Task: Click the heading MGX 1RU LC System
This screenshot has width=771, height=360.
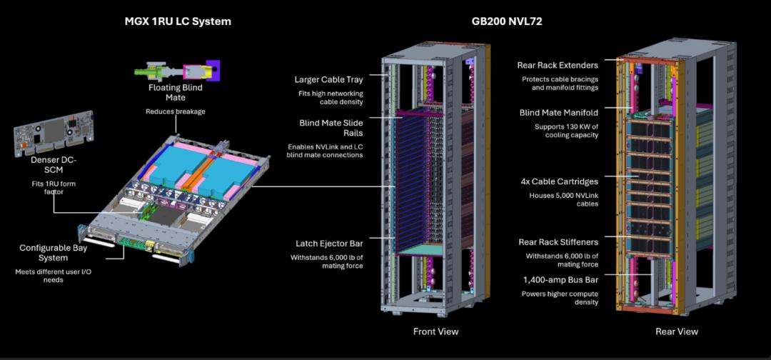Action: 178,21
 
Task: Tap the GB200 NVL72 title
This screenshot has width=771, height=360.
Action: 507,21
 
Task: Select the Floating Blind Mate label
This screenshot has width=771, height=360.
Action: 176,93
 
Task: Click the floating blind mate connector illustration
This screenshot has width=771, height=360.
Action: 177,71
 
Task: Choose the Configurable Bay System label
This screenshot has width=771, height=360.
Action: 53,252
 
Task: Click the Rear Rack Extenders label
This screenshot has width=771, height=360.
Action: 558,66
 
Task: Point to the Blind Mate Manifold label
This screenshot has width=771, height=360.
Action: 559,113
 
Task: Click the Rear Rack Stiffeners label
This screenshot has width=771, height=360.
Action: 558,242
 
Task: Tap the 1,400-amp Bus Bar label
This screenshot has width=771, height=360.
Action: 561,279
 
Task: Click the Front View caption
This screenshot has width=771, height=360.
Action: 435,331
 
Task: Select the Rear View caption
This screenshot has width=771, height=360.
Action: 677,331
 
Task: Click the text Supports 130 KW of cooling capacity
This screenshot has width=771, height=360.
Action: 566,131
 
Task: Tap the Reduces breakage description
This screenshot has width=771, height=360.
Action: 176,111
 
